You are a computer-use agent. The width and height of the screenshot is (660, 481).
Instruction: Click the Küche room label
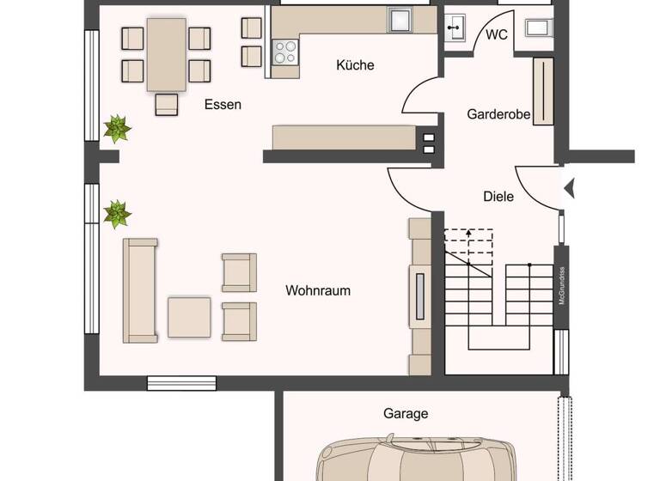point(355,65)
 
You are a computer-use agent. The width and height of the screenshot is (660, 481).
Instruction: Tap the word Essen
point(223,105)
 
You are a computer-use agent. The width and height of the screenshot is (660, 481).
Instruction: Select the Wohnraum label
point(318,290)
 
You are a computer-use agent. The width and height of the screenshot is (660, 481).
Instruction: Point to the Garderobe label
point(498,113)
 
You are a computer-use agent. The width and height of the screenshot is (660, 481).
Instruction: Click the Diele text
point(498,196)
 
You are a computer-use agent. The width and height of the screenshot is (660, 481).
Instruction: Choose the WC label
point(497,34)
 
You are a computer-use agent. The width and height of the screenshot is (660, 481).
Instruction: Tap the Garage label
point(406,413)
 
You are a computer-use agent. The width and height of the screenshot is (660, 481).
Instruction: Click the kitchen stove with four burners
point(284,53)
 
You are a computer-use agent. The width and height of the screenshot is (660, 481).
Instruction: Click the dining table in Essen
point(166,54)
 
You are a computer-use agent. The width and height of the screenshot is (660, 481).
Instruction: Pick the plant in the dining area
point(117,129)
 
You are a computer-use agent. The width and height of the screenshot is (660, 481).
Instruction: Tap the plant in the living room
point(117,213)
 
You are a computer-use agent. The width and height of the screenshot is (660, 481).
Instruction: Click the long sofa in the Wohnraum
point(139,290)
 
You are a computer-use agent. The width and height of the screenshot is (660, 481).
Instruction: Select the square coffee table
point(189,317)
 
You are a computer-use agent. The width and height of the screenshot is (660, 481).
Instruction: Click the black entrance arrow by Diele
point(568,187)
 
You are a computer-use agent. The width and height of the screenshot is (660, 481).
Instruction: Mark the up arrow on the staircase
point(468,232)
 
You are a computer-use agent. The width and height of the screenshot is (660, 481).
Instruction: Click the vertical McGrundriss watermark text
point(561,286)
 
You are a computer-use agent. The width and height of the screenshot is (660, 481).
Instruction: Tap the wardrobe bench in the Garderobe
point(543,91)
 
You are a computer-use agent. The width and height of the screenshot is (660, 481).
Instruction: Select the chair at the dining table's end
point(166,104)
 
